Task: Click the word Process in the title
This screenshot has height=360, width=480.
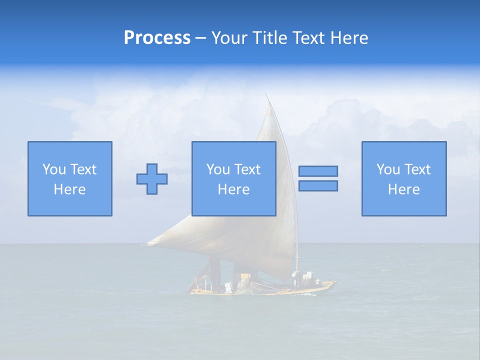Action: [157, 38]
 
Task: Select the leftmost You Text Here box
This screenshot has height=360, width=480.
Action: [69, 178]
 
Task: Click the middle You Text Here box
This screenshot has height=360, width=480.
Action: [233, 178]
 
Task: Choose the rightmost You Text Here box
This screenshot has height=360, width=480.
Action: [403, 178]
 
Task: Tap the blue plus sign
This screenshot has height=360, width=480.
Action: [152, 178]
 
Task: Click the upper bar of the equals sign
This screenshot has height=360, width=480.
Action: [318, 171]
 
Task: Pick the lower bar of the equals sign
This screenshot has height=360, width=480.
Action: [318, 185]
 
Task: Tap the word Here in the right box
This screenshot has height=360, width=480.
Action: [403, 189]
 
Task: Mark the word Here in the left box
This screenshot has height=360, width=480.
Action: [69, 189]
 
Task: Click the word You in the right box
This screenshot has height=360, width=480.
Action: [388, 169]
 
